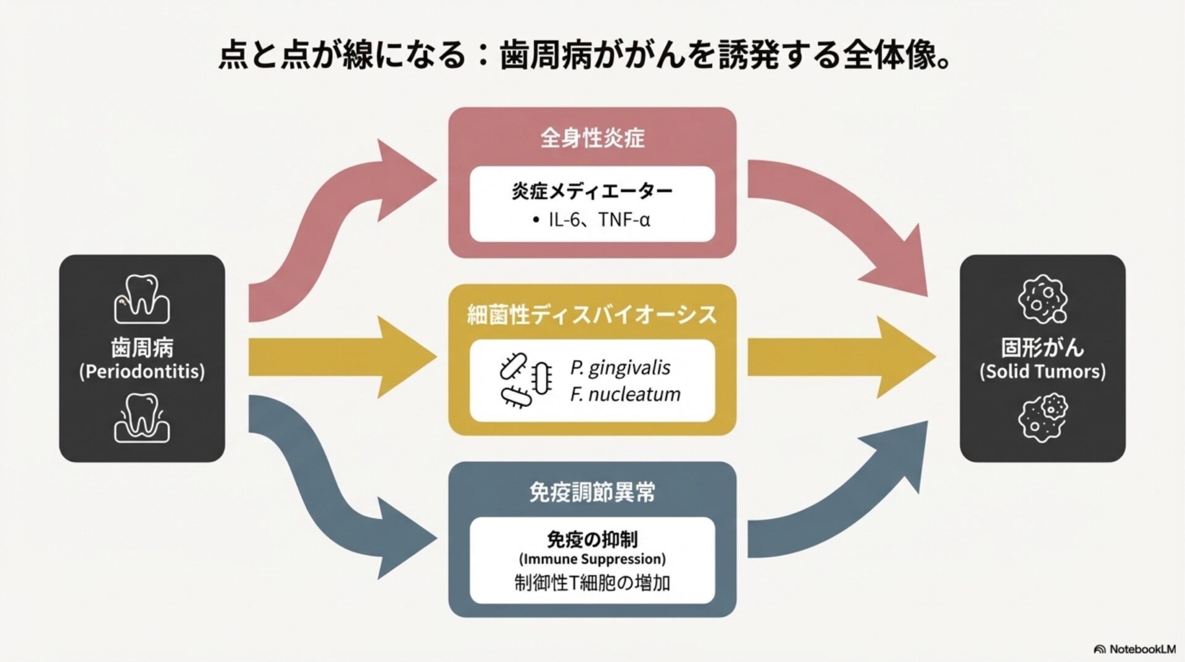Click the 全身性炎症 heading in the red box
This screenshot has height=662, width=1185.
(x=592, y=138)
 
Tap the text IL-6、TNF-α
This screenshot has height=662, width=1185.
(x=599, y=220)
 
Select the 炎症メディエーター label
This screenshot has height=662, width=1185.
(x=592, y=191)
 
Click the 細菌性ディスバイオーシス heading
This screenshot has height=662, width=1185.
(x=592, y=315)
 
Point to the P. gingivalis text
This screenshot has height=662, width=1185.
(x=620, y=367)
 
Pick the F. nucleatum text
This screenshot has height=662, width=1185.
(x=625, y=394)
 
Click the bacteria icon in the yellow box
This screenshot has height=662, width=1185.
(x=525, y=380)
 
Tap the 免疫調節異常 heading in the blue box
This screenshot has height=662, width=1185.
(x=592, y=492)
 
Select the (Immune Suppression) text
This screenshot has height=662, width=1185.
(x=592, y=559)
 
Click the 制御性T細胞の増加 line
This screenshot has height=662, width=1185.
(x=592, y=583)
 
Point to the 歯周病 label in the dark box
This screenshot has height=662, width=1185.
(x=142, y=348)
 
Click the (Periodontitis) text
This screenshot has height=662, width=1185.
(x=142, y=372)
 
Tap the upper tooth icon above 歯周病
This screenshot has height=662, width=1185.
(x=142, y=300)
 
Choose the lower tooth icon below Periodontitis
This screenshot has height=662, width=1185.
(x=142, y=417)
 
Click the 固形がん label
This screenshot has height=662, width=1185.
(x=1042, y=348)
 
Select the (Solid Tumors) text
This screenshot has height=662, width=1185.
(x=1042, y=372)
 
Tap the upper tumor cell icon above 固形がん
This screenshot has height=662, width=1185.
(x=1042, y=300)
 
